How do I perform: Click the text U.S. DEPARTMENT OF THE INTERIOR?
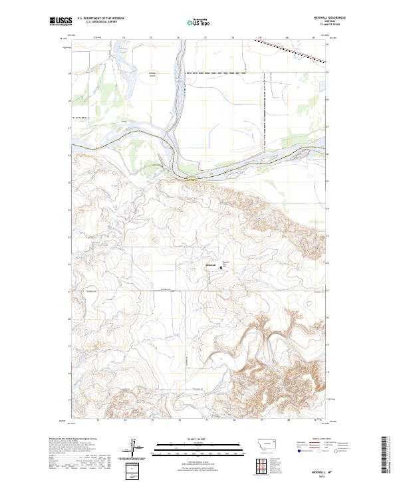coord(100,19)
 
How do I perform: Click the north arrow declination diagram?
coord(134,448)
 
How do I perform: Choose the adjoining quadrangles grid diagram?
coord(258,465)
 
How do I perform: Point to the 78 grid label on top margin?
coord(233,37)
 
